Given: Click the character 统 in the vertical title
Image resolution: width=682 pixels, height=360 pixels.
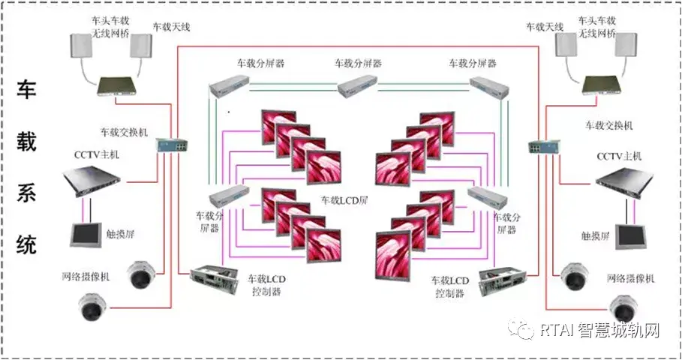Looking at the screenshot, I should point(27,244).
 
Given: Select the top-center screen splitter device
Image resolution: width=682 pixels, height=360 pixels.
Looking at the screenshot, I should point(358,87).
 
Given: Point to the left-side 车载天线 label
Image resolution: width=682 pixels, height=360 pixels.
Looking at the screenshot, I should point(171,27).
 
